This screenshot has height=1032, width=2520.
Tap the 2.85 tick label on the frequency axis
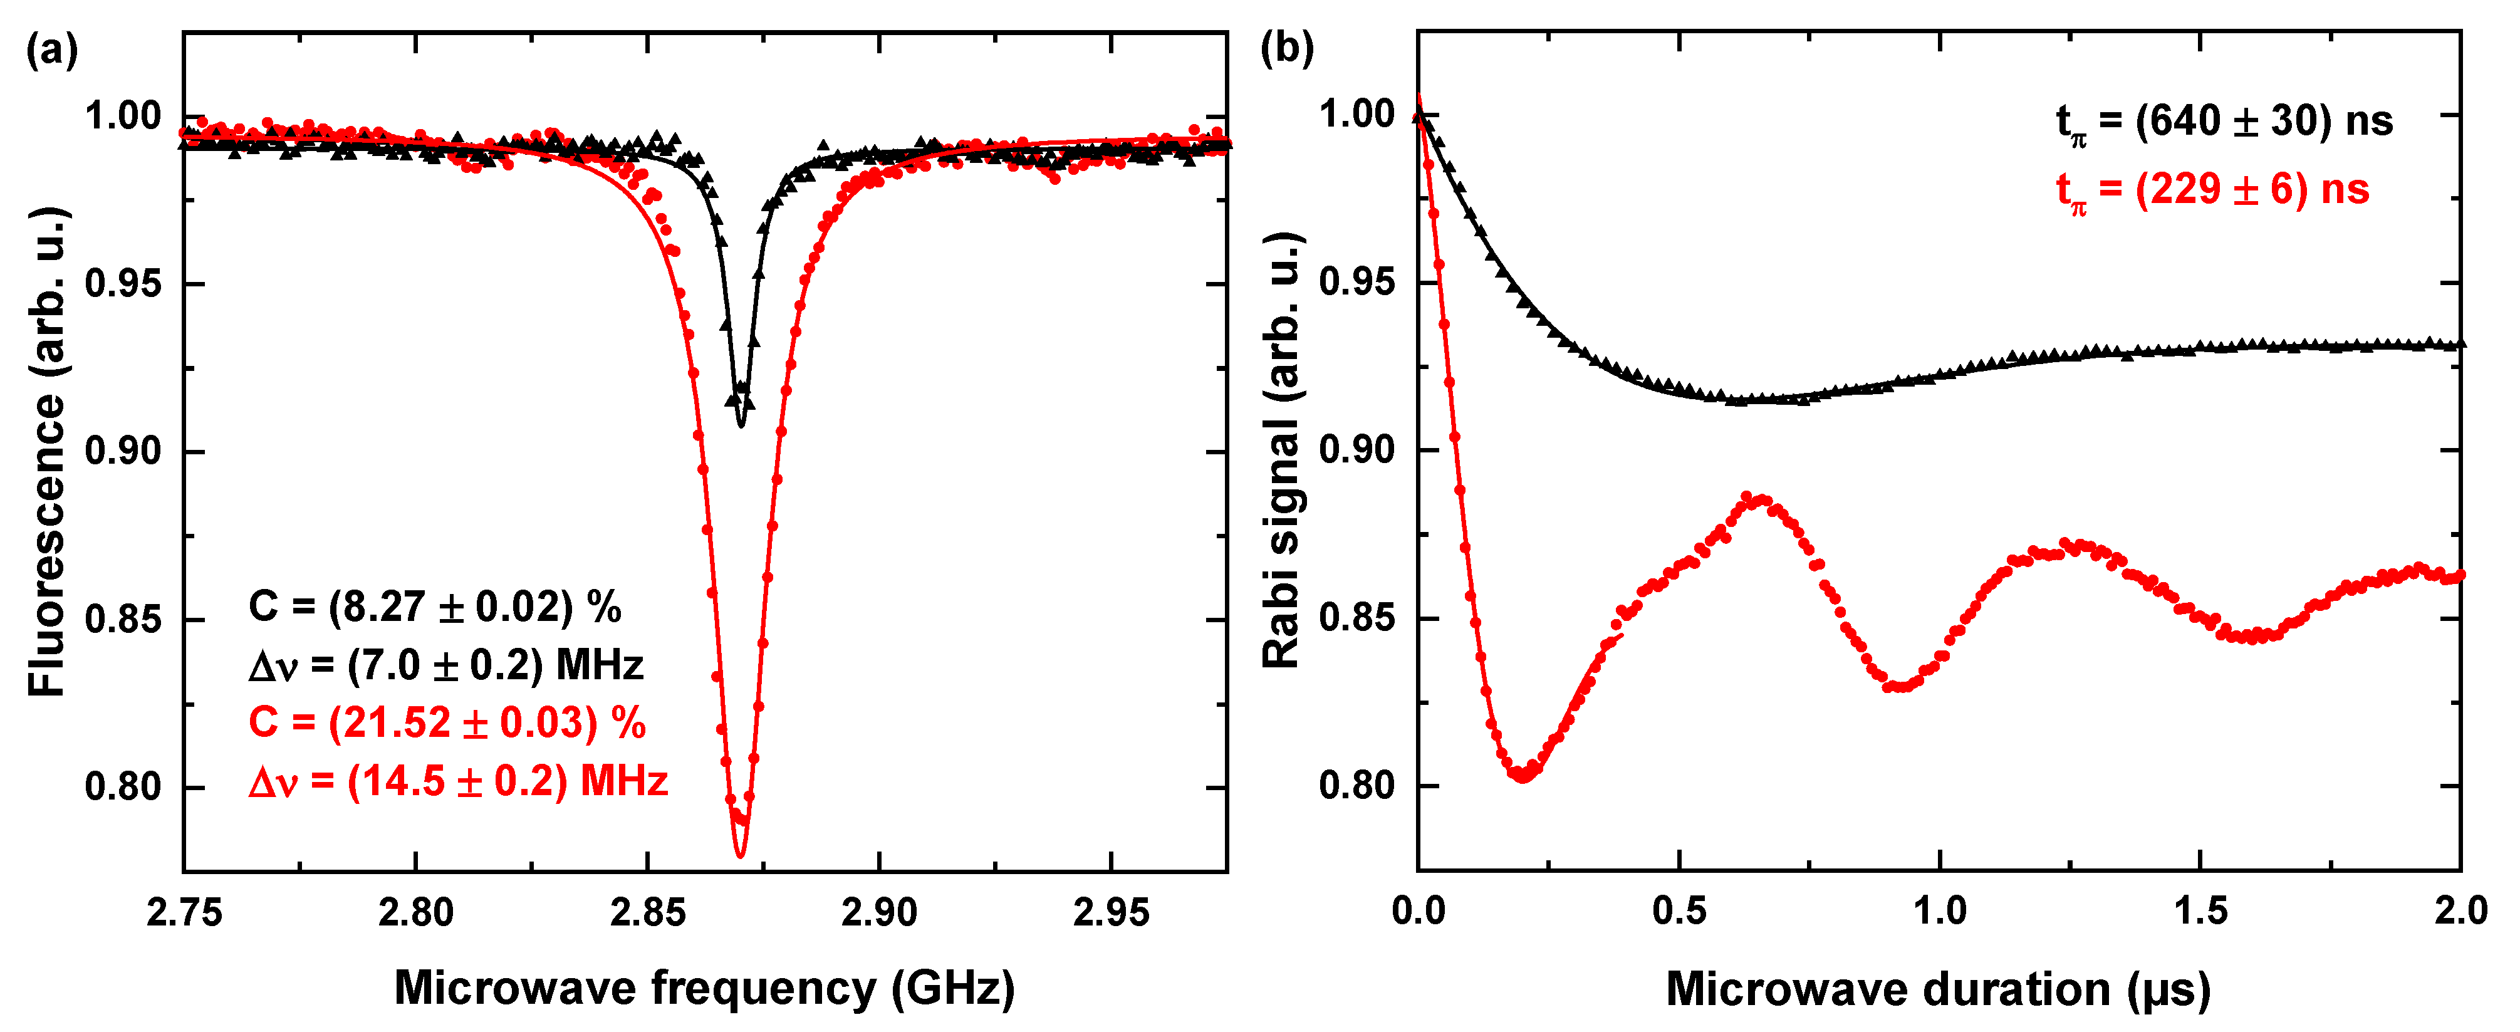648,914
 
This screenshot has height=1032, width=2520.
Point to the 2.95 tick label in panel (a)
1112,914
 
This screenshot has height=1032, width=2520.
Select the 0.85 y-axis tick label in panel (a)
122,620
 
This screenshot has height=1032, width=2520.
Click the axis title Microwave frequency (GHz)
704,988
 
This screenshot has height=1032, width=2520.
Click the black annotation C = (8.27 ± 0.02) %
434,607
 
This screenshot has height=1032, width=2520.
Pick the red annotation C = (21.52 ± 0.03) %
447,723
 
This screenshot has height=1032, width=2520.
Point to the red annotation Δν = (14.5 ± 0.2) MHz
458,781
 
